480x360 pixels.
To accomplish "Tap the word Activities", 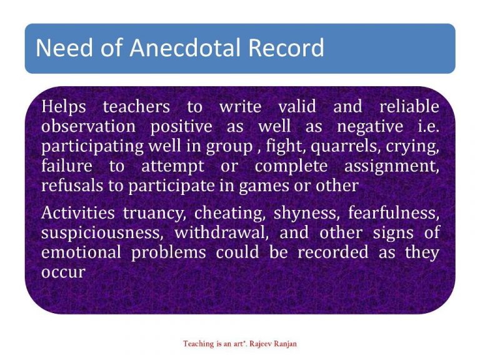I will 78,213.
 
